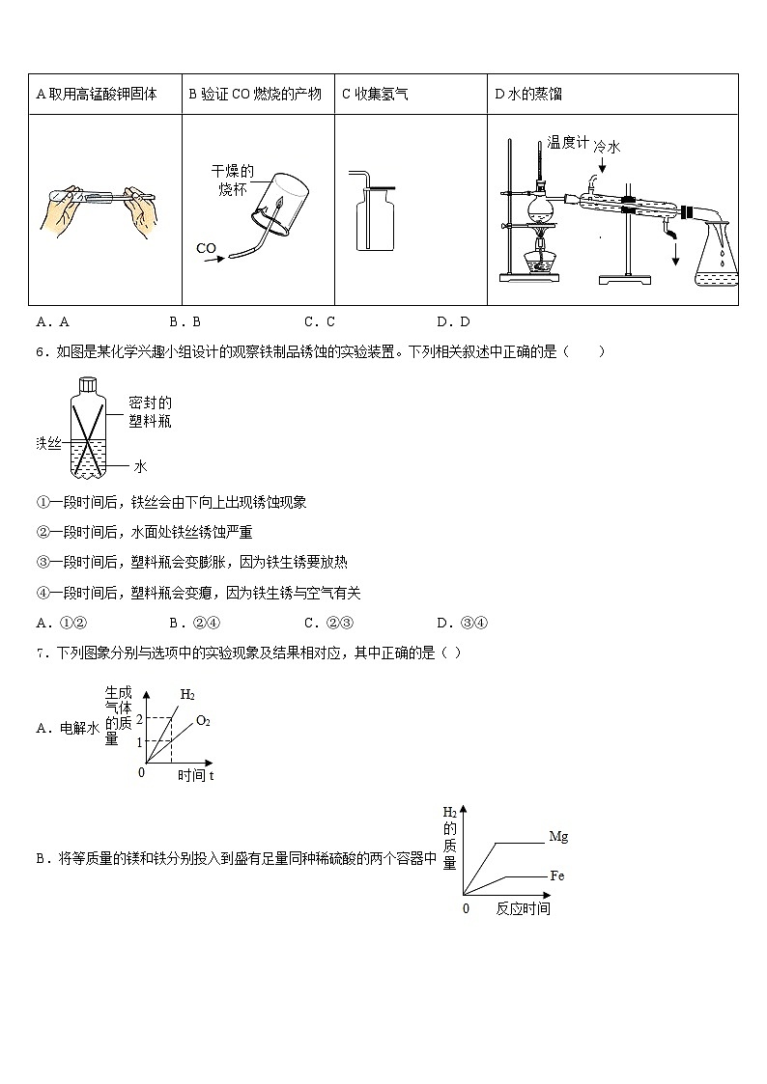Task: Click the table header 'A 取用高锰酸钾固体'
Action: [96, 95]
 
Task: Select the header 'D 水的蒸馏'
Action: [528, 95]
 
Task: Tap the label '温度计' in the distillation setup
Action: [567, 143]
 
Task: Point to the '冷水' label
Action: [607, 147]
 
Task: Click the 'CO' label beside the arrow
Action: [206, 249]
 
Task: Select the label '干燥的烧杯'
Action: [233, 180]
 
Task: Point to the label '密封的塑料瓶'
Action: [150, 412]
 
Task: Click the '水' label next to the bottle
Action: [140, 466]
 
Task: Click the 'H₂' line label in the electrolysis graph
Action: [187, 695]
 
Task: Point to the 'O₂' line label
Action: [203, 720]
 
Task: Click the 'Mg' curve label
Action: [557, 837]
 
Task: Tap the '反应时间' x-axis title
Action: [523, 909]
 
